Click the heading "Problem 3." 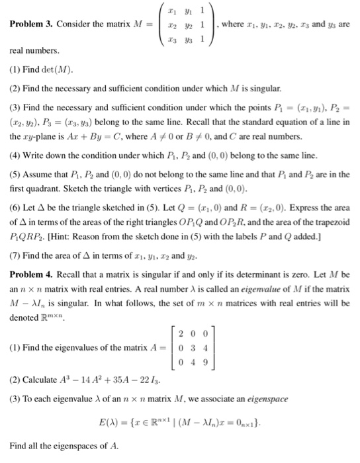pyautogui.click(x=32, y=25)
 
